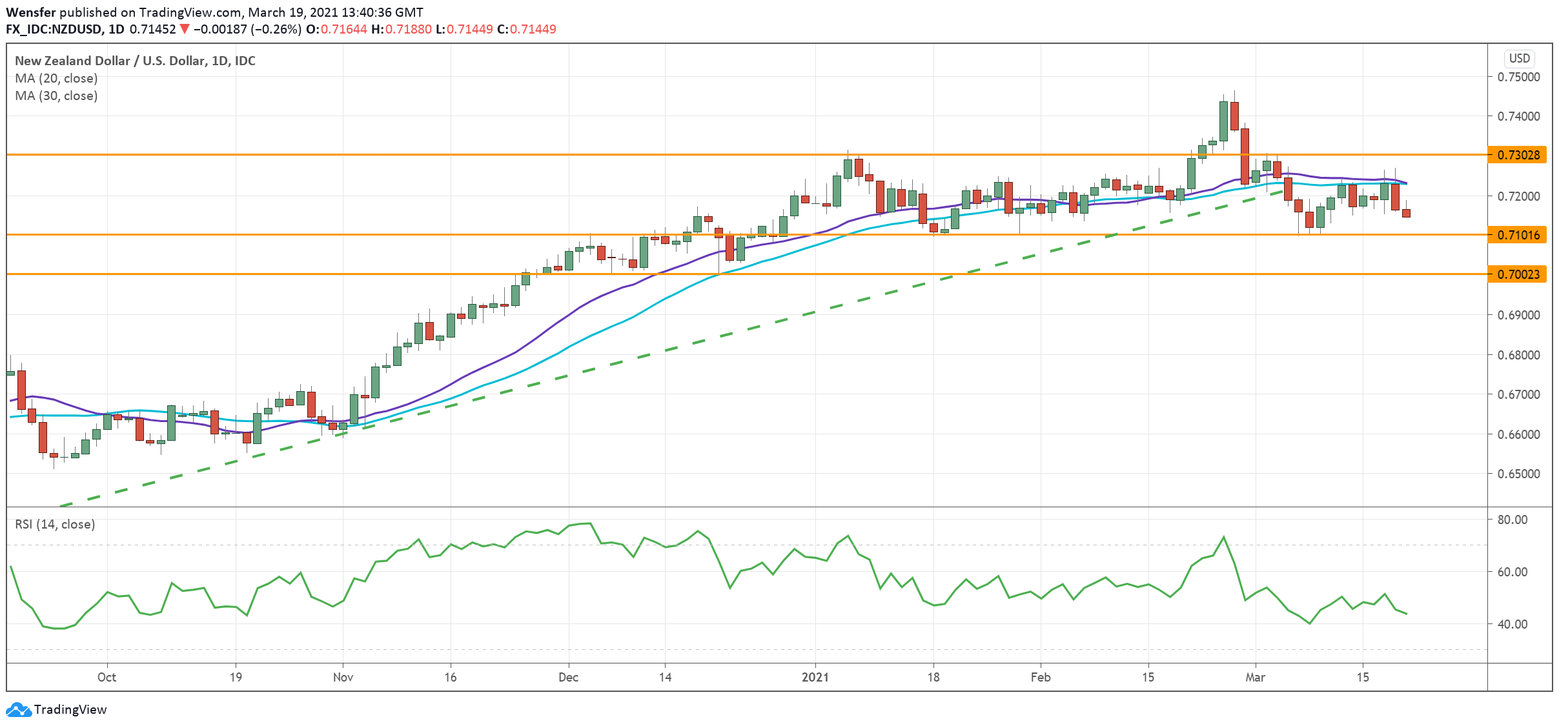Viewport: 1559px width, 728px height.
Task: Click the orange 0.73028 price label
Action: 1517,155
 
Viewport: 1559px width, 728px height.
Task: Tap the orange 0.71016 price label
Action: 1517,235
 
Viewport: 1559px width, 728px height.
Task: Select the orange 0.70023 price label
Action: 1517,274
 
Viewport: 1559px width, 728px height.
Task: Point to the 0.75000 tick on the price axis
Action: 1518,77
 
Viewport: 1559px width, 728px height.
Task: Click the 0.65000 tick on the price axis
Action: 1518,474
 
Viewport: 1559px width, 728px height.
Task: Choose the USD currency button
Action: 1519,58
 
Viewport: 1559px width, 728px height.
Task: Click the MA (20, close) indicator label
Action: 56,78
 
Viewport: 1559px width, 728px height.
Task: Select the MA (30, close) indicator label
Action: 56,96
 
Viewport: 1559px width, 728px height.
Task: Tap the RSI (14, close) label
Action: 55,524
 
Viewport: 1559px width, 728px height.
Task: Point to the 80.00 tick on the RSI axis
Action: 1512,520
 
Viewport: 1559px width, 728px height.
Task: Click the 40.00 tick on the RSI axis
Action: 1512,624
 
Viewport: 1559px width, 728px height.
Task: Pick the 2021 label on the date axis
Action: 815,677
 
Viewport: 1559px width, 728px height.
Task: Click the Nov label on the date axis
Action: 343,677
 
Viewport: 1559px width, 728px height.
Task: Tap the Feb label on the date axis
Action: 1040,677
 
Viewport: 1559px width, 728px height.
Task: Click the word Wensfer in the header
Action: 30,12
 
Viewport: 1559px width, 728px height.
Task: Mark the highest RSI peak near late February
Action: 1223,537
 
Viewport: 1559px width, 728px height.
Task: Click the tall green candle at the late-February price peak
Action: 1223,121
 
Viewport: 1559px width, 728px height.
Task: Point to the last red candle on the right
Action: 1406,213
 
